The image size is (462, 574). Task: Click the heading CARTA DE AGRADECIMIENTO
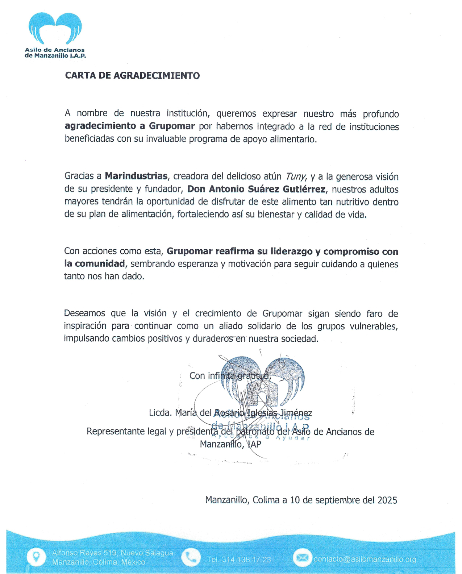tap(132, 76)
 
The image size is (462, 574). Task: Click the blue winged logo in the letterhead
tap(55, 29)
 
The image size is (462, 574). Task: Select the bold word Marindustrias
tap(136, 176)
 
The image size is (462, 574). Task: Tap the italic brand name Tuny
tap(296, 177)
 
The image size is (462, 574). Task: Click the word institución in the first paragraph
tap(188, 114)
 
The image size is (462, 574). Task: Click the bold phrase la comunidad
tap(95, 264)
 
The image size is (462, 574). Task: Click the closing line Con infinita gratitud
tap(230, 376)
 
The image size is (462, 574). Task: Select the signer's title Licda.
tap(160, 413)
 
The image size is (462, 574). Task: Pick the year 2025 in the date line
tap(387, 500)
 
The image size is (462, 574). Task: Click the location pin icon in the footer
tap(36, 557)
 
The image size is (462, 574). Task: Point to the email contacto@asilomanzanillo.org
tap(365, 559)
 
